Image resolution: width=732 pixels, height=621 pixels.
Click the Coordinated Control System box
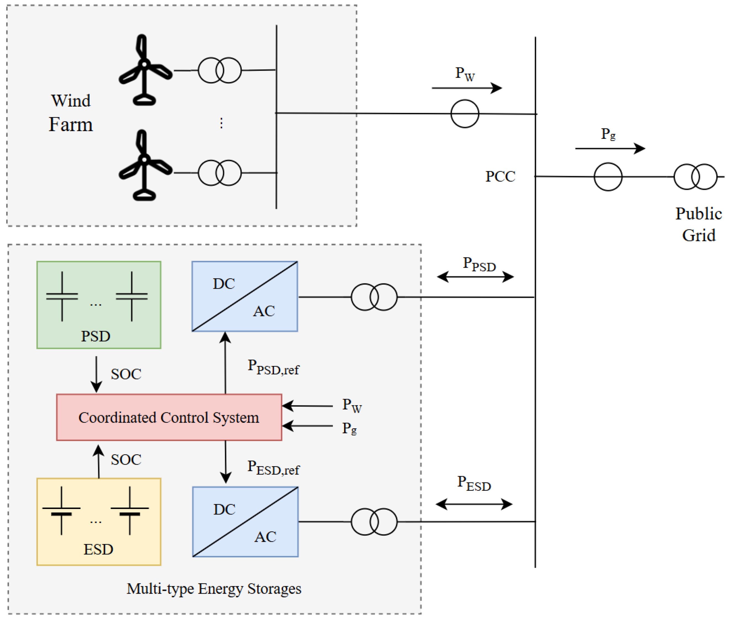point(169,417)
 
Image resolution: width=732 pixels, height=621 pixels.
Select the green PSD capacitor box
point(99,305)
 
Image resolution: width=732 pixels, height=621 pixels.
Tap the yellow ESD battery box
point(99,522)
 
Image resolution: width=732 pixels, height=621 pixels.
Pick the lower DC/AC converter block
point(245,522)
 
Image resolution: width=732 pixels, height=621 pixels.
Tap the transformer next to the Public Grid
point(695,177)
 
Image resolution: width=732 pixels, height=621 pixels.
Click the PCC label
point(500,176)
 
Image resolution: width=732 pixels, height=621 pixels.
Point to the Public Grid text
point(699,224)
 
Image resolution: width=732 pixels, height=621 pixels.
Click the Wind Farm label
point(71,113)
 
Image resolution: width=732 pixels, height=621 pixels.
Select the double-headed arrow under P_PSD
point(475,277)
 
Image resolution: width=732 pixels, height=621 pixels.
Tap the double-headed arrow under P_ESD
point(474,504)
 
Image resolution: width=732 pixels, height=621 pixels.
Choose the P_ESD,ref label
point(273,468)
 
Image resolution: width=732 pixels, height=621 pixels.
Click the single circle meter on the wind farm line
point(465,114)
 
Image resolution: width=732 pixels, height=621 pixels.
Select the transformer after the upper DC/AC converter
point(374,297)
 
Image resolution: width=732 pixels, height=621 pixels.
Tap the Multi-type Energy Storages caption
point(214,589)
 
